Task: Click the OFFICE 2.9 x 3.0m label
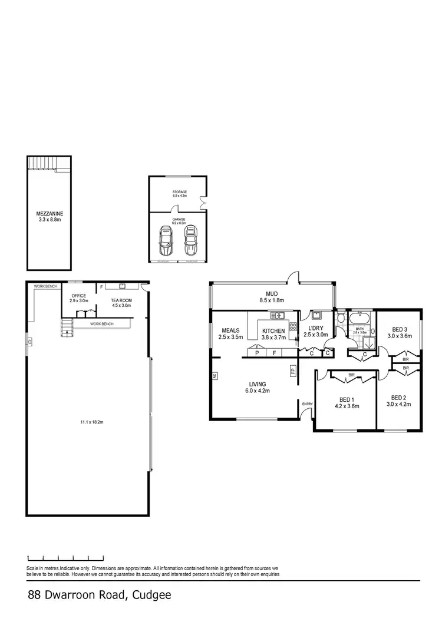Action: point(79,298)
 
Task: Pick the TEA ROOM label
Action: point(122,303)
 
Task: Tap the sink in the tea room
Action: point(123,286)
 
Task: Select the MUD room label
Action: point(272,296)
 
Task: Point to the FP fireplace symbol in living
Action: point(292,371)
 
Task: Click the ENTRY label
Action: point(307,404)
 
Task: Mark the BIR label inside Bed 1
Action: point(351,375)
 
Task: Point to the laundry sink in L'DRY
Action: point(316,315)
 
